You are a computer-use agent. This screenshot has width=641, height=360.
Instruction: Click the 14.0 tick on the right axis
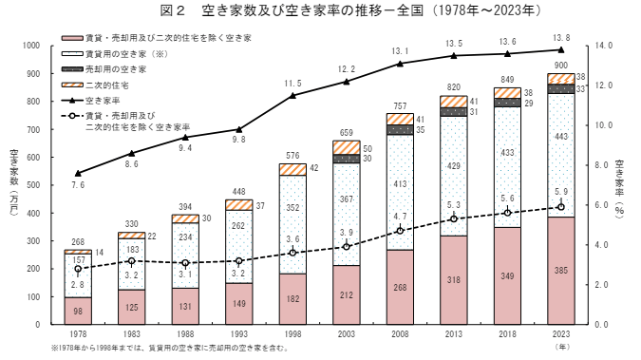click(603, 46)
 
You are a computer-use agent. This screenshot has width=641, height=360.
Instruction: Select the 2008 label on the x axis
click(400, 334)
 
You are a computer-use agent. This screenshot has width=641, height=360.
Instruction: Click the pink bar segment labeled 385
click(560, 271)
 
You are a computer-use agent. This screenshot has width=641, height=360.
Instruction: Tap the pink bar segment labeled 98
click(78, 312)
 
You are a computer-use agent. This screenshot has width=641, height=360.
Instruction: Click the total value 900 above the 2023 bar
click(560, 65)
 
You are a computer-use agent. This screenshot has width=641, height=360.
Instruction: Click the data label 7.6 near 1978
click(78, 185)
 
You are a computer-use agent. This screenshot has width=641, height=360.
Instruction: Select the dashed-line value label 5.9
click(560, 191)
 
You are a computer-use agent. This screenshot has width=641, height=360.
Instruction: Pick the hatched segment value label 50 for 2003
click(368, 148)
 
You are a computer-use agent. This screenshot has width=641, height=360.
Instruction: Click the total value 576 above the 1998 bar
click(292, 155)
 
